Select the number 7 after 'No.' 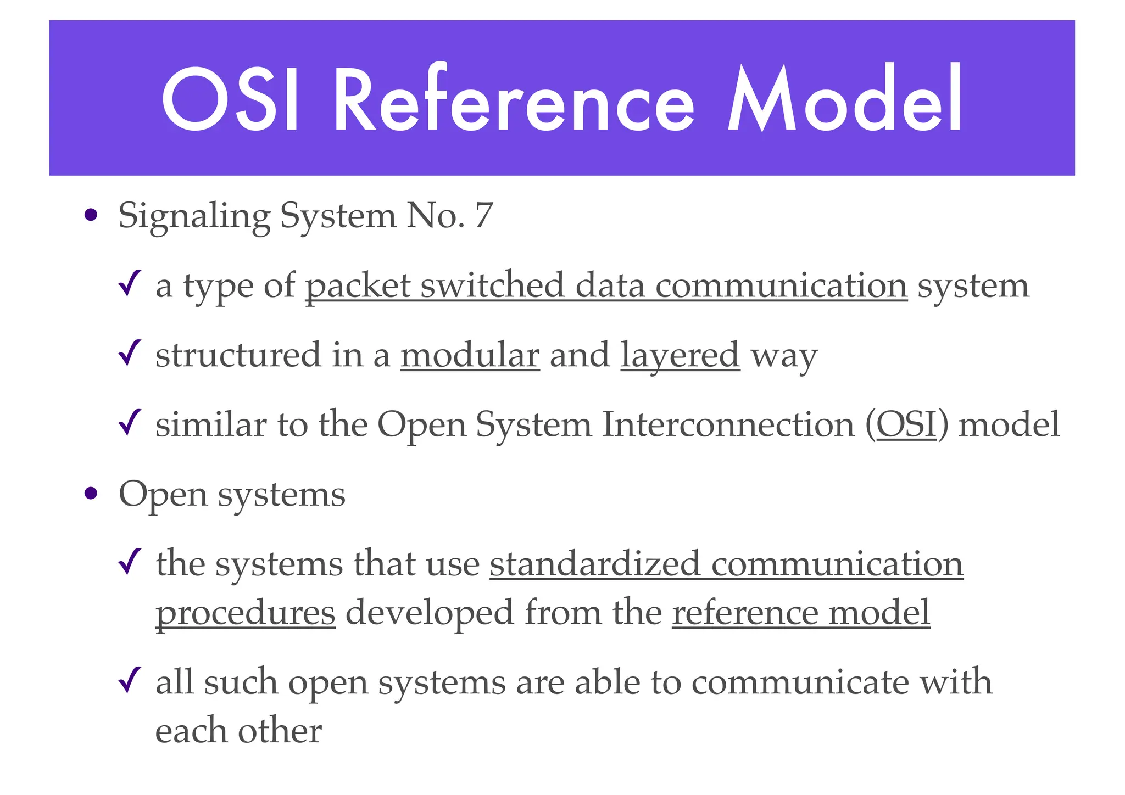click(483, 216)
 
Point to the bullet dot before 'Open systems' click(92, 494)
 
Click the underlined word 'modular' click(470, 355)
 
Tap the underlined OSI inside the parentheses click(906, 425)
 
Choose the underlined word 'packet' click(358, 285)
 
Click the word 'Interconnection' click(728, 425)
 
